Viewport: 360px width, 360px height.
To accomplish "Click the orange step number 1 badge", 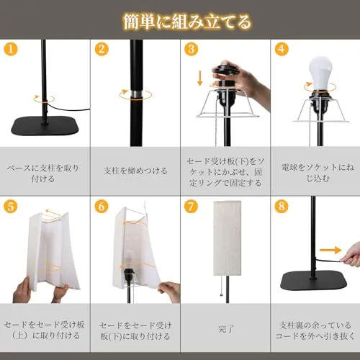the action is coord(11,49).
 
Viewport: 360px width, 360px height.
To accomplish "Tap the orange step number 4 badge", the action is coord(282,49).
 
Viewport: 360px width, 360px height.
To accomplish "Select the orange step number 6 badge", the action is coord(102,206).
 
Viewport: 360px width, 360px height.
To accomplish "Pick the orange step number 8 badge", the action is coord(282,206).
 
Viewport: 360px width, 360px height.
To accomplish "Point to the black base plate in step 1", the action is coord(45,126).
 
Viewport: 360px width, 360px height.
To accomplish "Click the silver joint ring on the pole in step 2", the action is coord(136,94).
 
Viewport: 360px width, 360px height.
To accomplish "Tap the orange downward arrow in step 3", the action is coord(199,78).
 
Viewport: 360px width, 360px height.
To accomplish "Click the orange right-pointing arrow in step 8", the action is coord(330,250).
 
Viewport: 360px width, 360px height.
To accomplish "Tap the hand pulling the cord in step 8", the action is coord(351,256).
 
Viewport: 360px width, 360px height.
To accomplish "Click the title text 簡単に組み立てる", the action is coord(186,22).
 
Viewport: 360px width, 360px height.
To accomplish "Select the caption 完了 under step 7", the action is coord(226,329).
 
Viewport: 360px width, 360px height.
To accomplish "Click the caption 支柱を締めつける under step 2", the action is coord(135,171).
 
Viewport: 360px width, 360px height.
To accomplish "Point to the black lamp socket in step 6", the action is coord(127,276).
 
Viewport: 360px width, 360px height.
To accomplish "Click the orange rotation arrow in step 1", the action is coord(44,99).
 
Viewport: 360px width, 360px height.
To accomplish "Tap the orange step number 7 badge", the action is coord(191,206).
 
